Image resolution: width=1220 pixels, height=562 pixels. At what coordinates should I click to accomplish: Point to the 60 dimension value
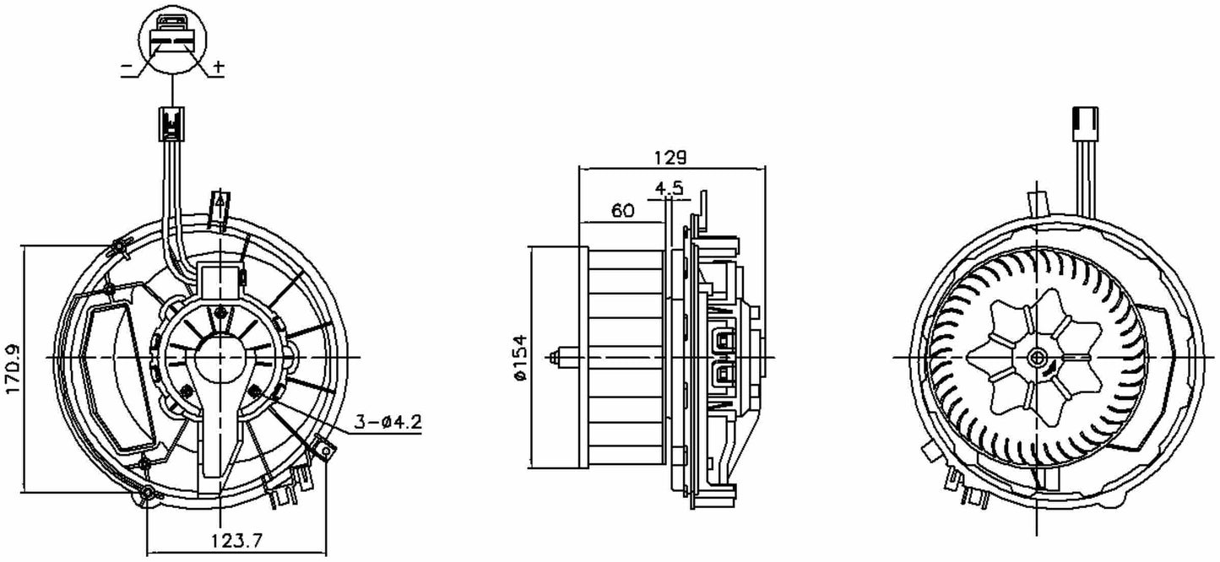(622, 212)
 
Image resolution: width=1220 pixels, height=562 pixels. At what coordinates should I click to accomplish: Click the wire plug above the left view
(171, 125)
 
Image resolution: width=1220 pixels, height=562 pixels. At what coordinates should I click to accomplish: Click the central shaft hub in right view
(1037, 358)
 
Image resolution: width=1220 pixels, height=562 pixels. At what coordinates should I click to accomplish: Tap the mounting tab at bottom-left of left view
(148, 494)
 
